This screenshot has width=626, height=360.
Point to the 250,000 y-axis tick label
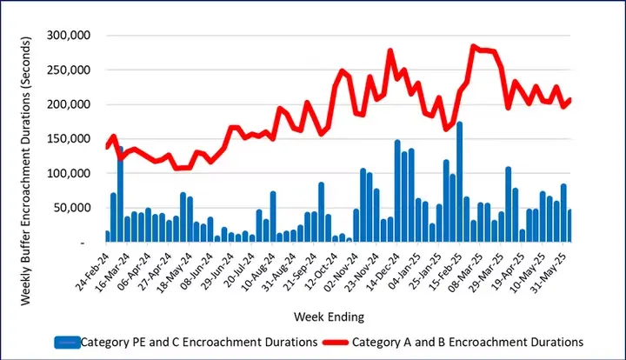(x=72, y=70)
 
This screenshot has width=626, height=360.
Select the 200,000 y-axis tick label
(x=72, y=104)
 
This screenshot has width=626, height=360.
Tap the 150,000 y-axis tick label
(x=72, y=139)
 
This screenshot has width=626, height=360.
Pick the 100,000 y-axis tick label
(x=72, y=173)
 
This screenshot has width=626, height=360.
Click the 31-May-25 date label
(x=550, y=271)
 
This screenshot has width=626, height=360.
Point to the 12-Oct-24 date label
(x=321, y=271)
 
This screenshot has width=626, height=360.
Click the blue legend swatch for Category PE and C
(x=66, y=342)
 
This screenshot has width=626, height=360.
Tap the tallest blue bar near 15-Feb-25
(x=459, y=183)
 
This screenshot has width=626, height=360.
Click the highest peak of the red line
(x=473, y=46)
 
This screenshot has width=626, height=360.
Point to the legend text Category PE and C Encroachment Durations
(x=199, y=342)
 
